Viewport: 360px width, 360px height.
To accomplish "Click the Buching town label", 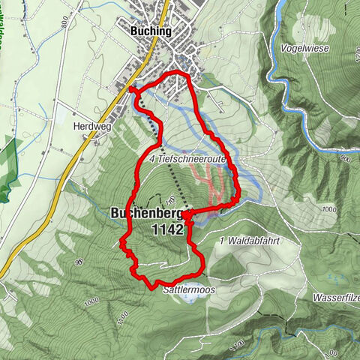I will pos(151,31).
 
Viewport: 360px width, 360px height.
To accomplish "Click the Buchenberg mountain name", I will pos(147,214).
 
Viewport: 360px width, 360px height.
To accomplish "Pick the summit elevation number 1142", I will pos(166,230).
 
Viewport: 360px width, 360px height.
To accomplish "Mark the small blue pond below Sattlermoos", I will pos(191,298).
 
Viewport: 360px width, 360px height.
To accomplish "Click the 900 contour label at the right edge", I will pos(344,159).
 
